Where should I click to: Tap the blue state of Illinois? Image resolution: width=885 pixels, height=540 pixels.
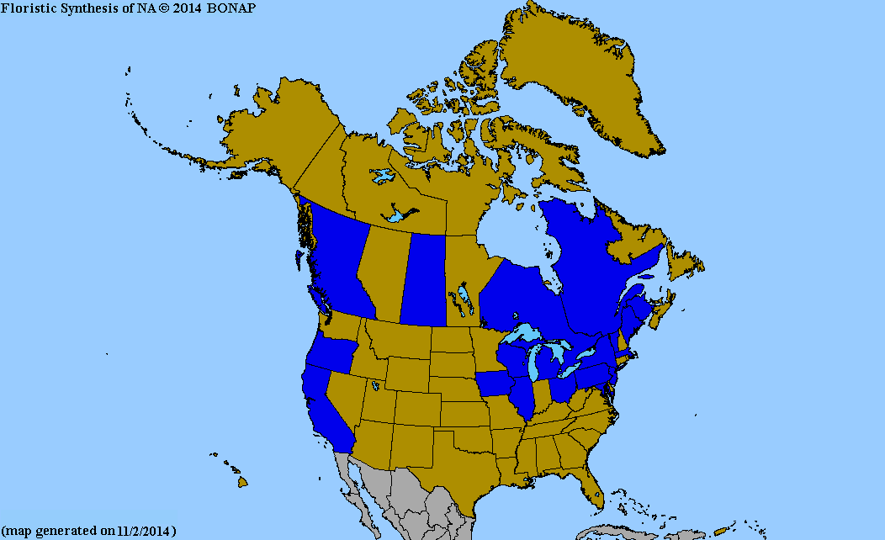tap(525, 399)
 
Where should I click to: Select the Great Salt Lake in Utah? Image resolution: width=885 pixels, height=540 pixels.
tap(374, 386)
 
